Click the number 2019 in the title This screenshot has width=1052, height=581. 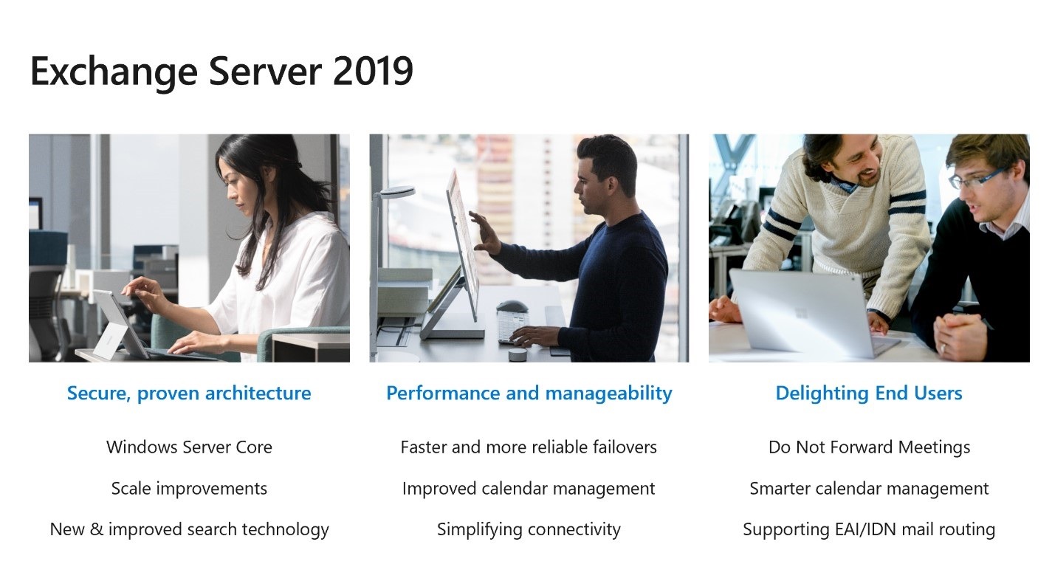click(x=373, y=72)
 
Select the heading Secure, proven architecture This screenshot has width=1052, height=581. click(x=189, y=393)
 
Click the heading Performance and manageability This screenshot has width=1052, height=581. click(x=529, y=393)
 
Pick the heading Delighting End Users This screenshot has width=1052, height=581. click(x=868, y=393)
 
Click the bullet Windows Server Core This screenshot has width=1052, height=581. click(x=189, y=447)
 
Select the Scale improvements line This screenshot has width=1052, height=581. click(x=189, y=488)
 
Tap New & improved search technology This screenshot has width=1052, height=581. click(x=189, y=529)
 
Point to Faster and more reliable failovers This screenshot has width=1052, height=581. click(x=529, y=447)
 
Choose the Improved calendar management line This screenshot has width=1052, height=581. click(x=529, y=488)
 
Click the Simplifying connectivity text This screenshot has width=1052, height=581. click(x=529, y=529)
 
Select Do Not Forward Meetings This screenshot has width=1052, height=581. click(x=869, y=447)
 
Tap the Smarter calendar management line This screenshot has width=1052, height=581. click(x=869, y=488)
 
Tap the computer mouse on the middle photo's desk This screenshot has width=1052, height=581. click(x=512, y=306)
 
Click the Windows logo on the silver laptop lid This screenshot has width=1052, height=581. click(x=802, y=313)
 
